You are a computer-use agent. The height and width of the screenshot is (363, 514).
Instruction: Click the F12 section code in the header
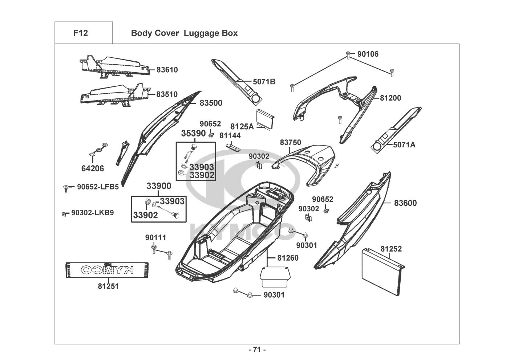click(80, 33)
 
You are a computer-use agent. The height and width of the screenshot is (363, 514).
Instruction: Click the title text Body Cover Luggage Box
click(184, 33)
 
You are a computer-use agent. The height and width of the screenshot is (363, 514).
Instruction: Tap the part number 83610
click(167, 70)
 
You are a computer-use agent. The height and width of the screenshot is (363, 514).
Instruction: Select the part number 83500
click(211, 103)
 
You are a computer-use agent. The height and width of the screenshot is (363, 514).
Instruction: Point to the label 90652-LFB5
click(98, 187)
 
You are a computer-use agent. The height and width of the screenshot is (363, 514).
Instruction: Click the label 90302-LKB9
click(92, 213)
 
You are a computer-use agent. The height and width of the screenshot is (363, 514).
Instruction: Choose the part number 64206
click(92, 168)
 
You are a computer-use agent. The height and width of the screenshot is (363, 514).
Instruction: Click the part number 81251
click(108, 286)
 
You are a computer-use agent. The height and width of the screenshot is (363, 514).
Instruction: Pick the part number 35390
click(193, 134)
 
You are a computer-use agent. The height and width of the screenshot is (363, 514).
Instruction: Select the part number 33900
click(159, 186)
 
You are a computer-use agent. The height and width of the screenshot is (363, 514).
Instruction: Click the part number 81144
click(230, 135)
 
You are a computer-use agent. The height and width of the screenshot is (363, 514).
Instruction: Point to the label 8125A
click(242, 126)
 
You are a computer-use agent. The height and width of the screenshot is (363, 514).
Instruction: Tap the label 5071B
click(264, 82)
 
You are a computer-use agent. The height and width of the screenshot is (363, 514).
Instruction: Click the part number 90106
click(368, 54)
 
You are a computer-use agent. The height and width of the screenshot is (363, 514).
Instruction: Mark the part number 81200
click(390, 98)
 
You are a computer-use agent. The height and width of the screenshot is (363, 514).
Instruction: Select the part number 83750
click(290, 143)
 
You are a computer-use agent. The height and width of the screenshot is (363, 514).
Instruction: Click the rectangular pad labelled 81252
click(381, 272)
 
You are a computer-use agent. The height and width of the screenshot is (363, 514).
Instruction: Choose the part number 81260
click(288, 258)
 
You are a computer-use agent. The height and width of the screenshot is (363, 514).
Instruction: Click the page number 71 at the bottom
click(257, 350)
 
